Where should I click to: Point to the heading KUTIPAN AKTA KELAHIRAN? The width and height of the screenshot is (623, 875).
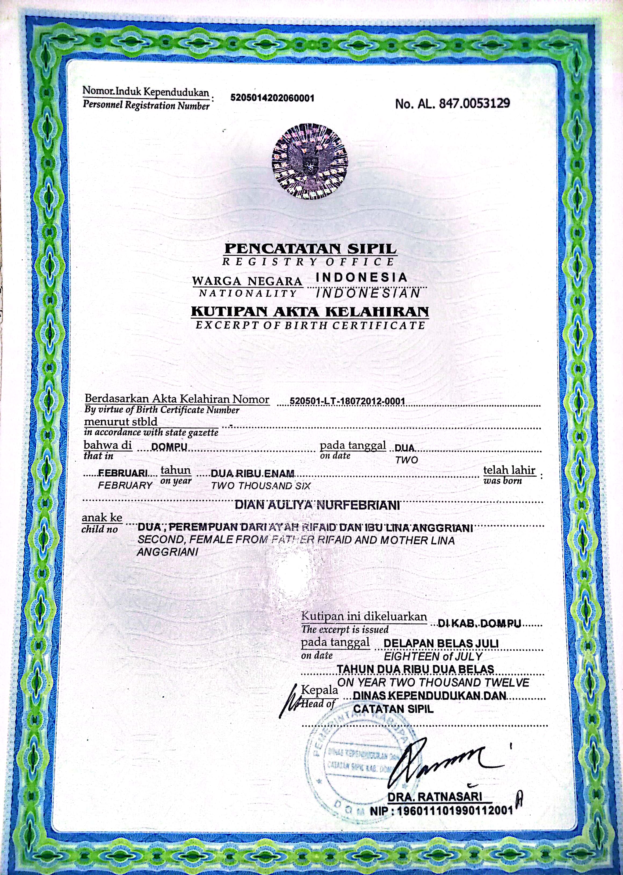click(310, 312)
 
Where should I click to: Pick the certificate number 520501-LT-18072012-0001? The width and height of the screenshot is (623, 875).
click(347, 402)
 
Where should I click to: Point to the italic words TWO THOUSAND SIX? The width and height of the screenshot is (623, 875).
click(260, 486)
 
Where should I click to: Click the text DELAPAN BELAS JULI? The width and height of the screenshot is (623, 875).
click(441, 643)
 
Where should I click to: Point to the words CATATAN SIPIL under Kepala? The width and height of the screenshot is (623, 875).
click(393, 709)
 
